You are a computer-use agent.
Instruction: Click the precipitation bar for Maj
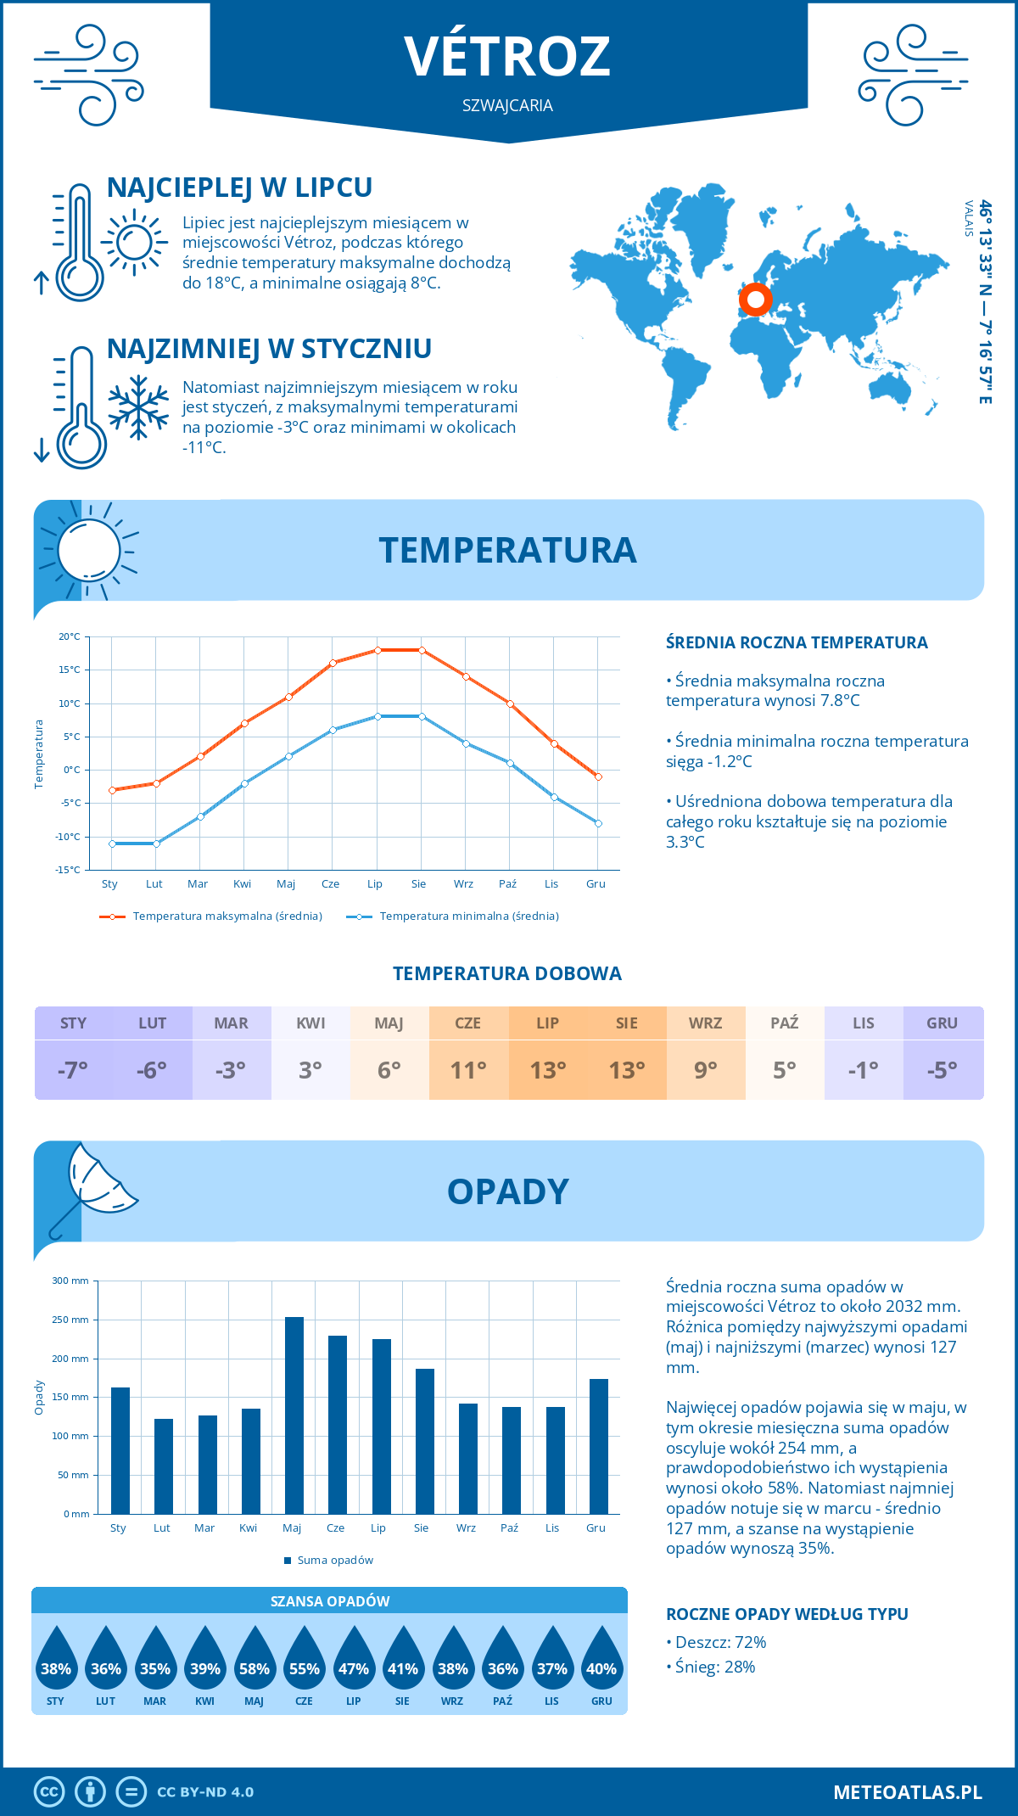coord(294,1415)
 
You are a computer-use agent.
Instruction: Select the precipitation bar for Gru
coord(598,1446)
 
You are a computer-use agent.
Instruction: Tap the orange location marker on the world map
coord(755,300)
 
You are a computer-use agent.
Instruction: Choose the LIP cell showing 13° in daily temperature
coord(548,1069)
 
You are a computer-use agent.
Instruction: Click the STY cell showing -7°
coord(74,1069)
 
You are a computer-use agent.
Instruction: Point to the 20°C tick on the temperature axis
coord(70,636)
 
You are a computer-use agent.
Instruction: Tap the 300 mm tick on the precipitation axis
coord(71,1281)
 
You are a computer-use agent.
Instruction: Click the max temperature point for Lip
coord(378,650)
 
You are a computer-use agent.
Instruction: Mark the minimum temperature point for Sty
coord(112,844)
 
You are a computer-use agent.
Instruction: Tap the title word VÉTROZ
coord(507,56)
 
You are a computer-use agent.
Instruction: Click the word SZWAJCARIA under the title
coord(507,105)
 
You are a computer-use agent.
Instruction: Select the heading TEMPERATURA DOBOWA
coord(507,973)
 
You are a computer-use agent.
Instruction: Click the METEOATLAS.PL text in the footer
coord(907,1792)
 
